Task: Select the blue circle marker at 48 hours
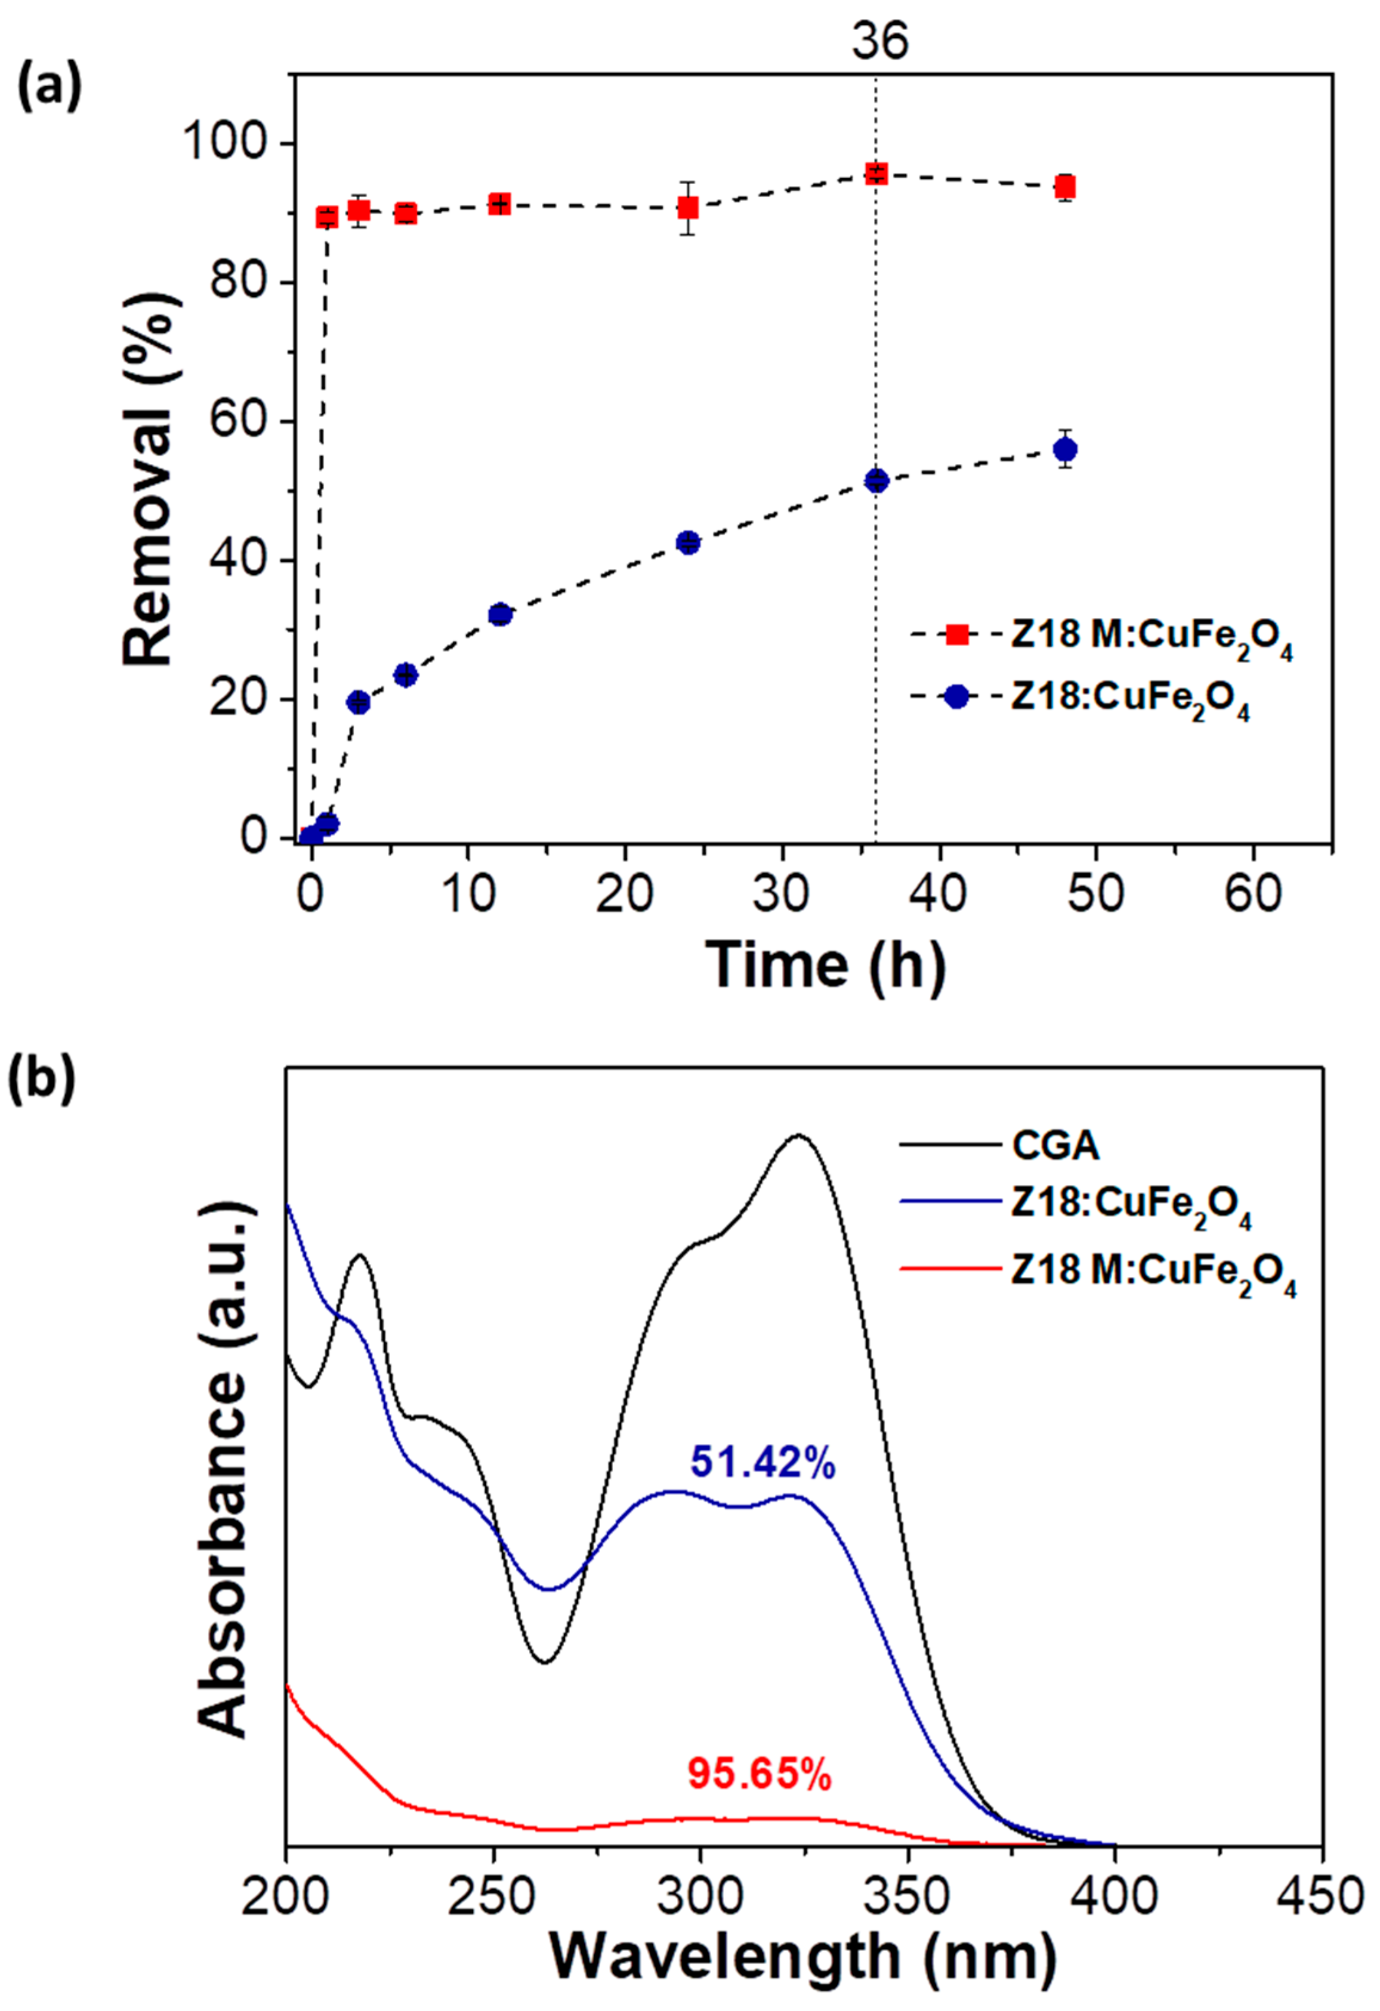pyautogui.click(x=1066, y=450)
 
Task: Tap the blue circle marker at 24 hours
pyautogui.click(x=689, y=542)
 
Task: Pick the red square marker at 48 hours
pyautogui.click(x=1066, y=187)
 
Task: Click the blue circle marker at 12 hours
pyautogui.click(x=500, y=615)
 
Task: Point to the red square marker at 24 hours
pyautogui.click(x=689, y=208)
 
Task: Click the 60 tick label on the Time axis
pyautogui.click(x=1254, y=892)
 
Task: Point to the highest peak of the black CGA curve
pyautogui.click(x=798, y=1136)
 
